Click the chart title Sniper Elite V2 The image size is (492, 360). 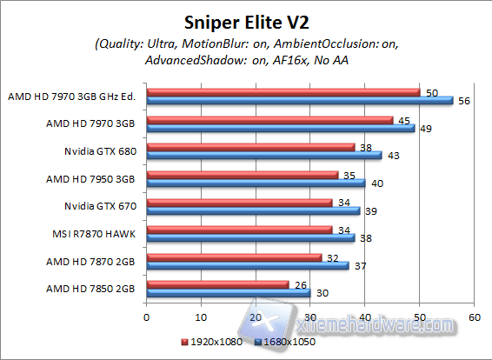[x=246, y=19]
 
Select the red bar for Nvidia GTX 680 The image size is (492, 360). [x=250, y=147]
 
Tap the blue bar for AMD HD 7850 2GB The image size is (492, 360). [x=229, y=293]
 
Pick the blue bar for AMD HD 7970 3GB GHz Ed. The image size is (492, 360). [x=300, y=100]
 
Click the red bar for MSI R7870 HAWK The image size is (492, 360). [x=239, y=230]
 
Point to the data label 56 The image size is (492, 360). [x=463, y=101]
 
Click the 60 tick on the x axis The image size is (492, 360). [x=474, y=317]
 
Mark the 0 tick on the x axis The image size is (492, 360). [x=147, y=317]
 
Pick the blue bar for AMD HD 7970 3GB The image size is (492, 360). [x=281, y=128]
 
